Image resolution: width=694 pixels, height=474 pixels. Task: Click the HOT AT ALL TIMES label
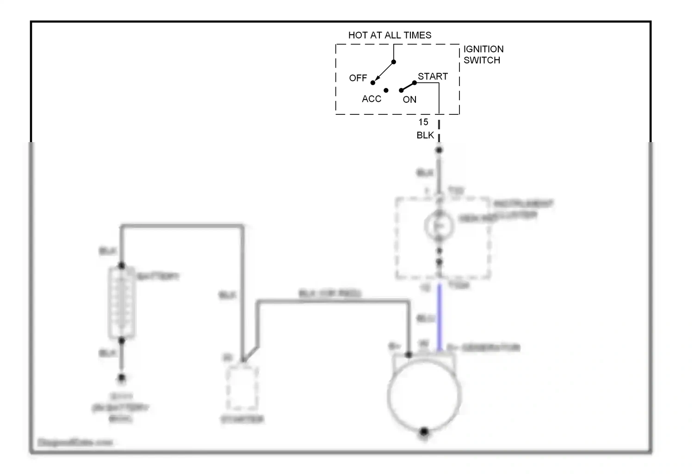[x=390, y=35]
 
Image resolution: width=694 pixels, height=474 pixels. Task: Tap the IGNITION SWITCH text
[x=483, y=55]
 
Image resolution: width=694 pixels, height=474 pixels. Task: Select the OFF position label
[x=358, y=78]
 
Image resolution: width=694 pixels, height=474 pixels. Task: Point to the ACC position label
[x=372, y=99]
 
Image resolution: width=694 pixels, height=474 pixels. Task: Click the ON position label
[x=409, y=100]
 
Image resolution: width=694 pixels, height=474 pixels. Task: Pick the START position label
[x=433, y=76]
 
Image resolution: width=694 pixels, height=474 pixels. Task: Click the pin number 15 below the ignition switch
[x=423, y=122]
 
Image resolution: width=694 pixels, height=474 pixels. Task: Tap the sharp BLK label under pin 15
[x=425, y=135]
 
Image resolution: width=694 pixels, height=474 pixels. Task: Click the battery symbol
[x=122, y=303]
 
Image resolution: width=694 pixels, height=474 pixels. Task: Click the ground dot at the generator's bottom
[x=424, y=432]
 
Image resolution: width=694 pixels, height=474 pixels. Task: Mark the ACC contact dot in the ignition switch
[x=386, y=90]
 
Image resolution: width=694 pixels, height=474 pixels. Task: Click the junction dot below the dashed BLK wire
[x=439, y=150]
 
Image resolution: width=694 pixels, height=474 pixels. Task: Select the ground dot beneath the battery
[x=122, y=378]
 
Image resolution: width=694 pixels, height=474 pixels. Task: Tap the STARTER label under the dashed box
[x=242, y=420]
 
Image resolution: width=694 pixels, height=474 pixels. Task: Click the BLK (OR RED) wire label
[x=329, y=293]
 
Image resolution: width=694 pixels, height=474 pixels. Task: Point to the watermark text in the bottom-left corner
[x=75, y=443]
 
